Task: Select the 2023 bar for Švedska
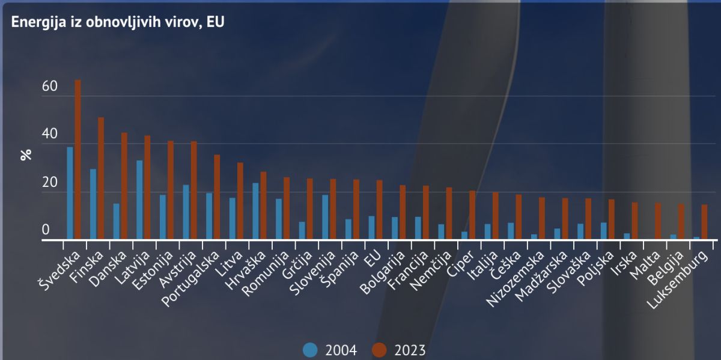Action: pos(78,159)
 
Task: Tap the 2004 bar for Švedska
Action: pos(70,193)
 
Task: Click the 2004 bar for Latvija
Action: pos(139,200)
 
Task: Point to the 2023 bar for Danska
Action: pos(124,186)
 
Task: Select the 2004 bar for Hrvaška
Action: pos(255,211)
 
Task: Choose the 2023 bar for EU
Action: pos(379,210)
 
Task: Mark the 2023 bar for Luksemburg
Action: pos(704,222)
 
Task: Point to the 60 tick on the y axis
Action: pos(50,87)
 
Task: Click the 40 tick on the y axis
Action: pos(50,135)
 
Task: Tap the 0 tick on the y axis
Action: pos(46,231)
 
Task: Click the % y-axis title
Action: pos(25,154)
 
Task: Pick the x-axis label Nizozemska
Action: pos(516,279)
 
